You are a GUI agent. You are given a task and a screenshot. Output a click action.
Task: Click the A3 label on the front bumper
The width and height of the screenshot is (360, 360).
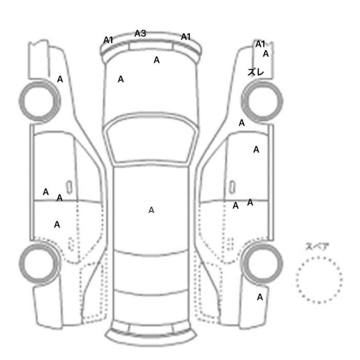tap(140, 33)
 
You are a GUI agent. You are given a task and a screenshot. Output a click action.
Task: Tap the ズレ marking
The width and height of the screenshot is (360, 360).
tap(256, 72)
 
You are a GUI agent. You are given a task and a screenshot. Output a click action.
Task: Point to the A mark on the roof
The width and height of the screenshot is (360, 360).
tap(151, 210)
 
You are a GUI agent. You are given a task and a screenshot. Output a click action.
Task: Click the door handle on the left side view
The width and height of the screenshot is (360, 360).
tap(69, 187)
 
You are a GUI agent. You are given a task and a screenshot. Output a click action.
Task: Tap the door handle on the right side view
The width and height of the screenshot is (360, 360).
tap(232, 187)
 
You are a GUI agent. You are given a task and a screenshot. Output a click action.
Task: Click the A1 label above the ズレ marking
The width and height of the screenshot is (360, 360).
tap(260, 44)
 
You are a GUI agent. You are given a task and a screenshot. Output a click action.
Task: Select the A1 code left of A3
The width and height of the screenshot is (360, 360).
tap(108, 40)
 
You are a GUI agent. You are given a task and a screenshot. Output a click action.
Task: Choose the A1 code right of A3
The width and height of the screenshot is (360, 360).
tap(186, 37)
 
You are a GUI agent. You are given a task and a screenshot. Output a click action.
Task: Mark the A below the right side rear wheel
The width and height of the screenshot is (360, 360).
tap(260, 297)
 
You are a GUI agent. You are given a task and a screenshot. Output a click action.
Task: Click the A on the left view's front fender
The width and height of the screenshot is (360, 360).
tap(60, 79)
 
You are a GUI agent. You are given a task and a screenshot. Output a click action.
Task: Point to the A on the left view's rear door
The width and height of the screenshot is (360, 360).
tap(57, 224)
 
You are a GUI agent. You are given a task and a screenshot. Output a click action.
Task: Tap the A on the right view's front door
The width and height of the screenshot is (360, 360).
tap(256, 150)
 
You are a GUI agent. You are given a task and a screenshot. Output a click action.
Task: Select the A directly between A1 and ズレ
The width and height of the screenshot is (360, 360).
tap(266, 53)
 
